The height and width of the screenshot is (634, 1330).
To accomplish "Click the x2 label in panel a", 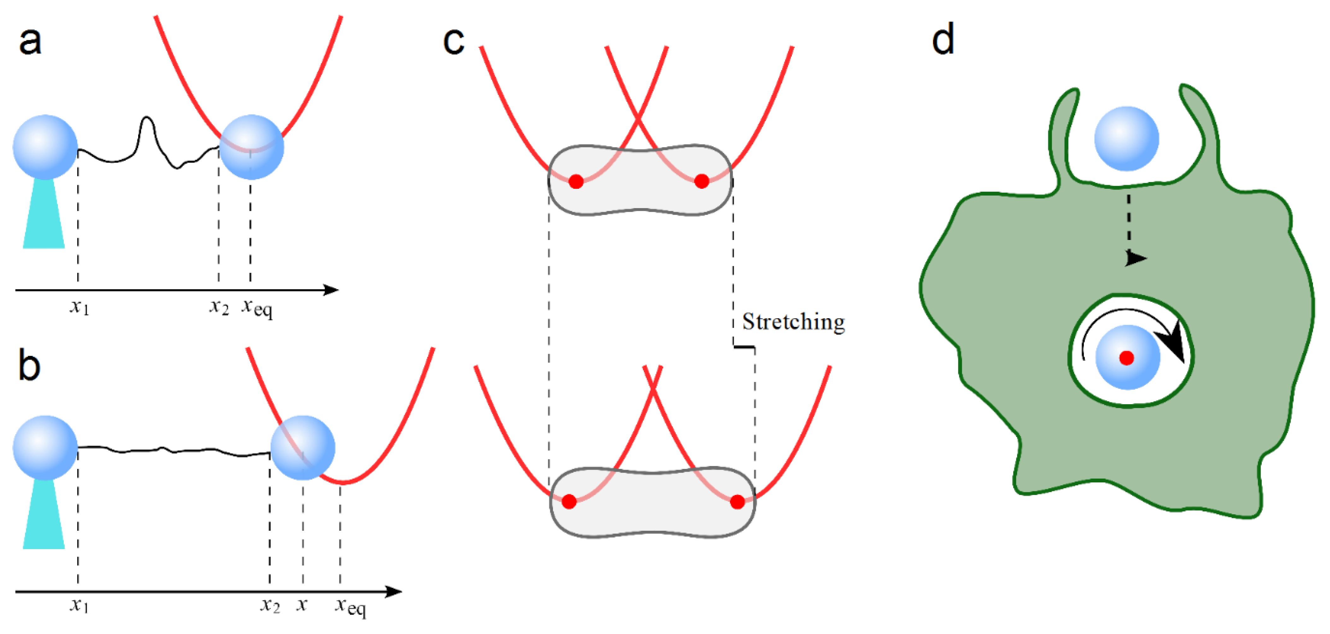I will [219, 307].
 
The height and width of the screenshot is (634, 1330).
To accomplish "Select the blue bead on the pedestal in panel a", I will [45, 147].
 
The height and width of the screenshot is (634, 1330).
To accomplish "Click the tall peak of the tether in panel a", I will [147, 120].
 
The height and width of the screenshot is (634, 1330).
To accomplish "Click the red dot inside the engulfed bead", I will [1127, 357].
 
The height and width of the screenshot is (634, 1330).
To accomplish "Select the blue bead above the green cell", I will [1127, 139].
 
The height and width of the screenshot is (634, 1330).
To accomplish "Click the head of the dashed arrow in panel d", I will [1135, 258].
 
